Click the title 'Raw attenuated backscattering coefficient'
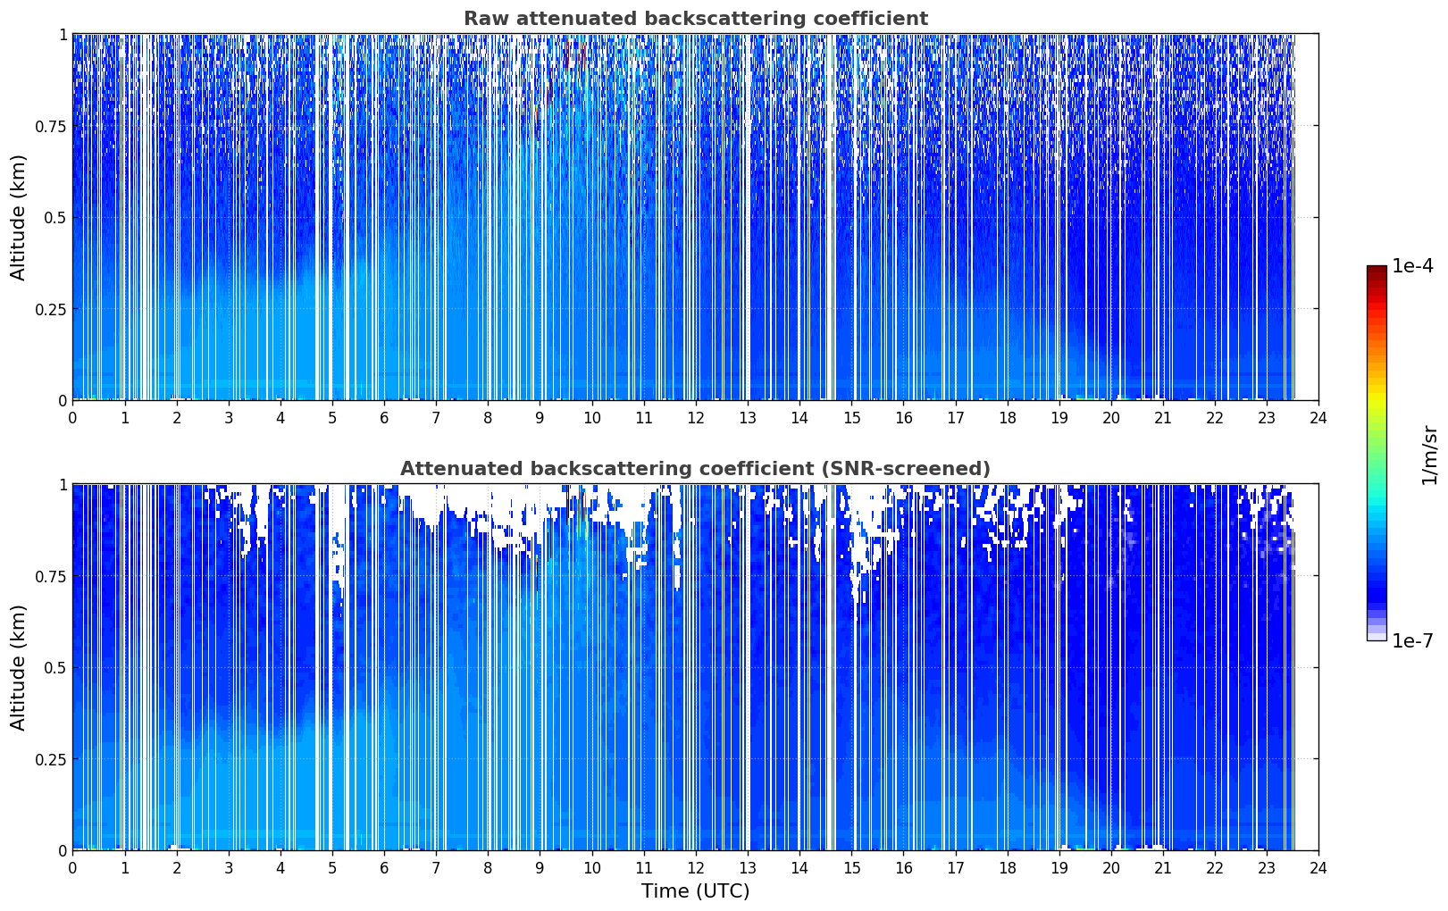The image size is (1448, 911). (x=696, y=19)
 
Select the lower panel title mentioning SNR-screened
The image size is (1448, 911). (x=696, y=468)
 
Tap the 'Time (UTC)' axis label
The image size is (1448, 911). (x=696, y=891)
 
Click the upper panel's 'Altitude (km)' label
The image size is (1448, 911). (x=18, y=218)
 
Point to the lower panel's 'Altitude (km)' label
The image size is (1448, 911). (x=18, y=668)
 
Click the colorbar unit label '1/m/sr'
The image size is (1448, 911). (x=1429, y=455)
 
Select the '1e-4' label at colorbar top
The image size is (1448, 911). (x=1412, y=265)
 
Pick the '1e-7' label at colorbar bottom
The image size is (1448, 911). (x=1412, y=641)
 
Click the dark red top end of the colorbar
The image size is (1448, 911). (x=1377, y=268)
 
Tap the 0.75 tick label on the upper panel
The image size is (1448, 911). (x=50, y=127)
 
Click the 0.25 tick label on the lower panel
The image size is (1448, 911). (x=50, y=760)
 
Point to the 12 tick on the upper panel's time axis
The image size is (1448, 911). (x=696, y=418)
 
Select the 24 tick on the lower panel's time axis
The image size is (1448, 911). (x=1318, y=868)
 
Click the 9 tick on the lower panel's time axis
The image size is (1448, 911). (x=540, y=868)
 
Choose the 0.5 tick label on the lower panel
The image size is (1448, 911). (x=55, y=668)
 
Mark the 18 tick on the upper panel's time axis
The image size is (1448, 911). (x=1007, y=418)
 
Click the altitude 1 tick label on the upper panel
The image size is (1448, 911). (x=63, y=35)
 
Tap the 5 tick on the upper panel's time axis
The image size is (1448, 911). (x=332, y=418)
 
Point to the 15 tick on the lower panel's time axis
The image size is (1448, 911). (x=851, y=868)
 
